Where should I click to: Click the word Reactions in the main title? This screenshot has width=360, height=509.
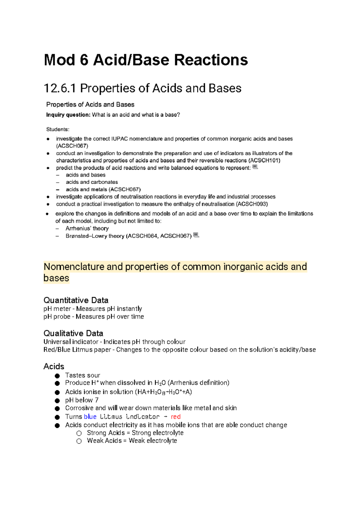point(211,60)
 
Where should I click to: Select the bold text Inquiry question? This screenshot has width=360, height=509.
point(68,115)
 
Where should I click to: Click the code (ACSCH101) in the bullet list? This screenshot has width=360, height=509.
point(264,160)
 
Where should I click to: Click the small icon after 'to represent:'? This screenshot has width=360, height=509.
point(255,167)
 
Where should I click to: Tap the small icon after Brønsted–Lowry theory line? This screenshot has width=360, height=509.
point(196,235)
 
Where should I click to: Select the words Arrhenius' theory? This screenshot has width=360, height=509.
point(87,228)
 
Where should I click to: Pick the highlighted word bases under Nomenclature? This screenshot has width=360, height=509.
point(56,278)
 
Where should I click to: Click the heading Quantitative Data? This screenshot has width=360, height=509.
point(76,300)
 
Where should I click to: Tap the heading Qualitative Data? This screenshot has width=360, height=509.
point(73,333)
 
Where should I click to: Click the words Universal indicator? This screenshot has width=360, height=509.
point(71,342)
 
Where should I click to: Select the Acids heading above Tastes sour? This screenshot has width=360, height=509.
point(54,366)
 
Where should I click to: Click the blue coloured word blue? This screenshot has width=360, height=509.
point(90,417)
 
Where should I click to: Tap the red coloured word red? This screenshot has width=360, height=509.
point(175,417)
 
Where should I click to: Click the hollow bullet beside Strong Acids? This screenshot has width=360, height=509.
point(79,433)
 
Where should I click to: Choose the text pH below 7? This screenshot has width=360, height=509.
point(82,400)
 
